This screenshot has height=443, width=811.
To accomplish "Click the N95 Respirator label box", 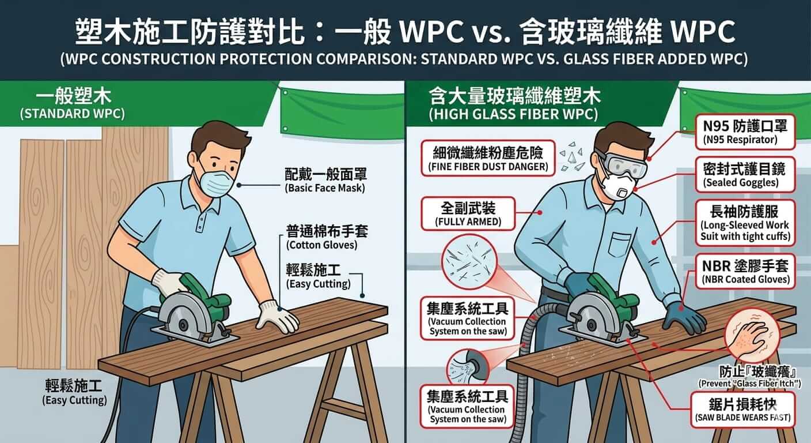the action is (x=745, y=132).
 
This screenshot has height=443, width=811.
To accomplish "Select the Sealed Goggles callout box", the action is (x=745, y=175).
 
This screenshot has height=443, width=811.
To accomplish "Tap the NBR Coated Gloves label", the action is (x=745, y=272).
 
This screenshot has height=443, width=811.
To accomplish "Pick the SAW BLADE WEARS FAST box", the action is (x=742, y=410).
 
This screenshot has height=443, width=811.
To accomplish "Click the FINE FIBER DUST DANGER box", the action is (x=488, y=158).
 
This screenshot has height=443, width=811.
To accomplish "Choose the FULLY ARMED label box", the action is (x=468, y=213).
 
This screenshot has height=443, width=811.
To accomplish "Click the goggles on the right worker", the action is (x=621, y=166).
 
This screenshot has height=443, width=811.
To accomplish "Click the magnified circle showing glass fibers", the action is (x=469, y=262).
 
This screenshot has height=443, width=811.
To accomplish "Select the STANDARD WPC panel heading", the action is (x=73, y=104).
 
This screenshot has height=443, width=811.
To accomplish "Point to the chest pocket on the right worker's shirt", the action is (x=621, y=245).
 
